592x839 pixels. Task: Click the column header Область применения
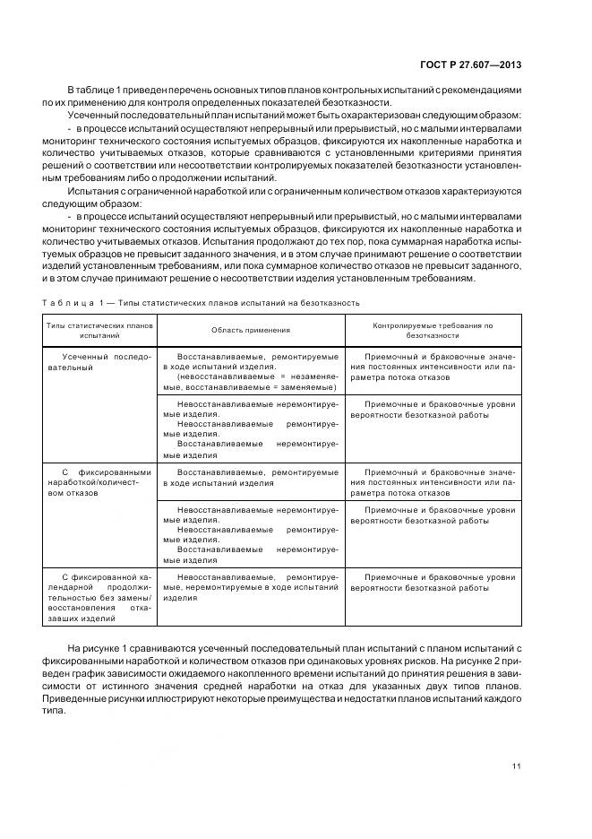point(250,330)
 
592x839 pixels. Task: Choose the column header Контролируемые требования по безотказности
point(433,330)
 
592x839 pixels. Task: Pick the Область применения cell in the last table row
point(250,587)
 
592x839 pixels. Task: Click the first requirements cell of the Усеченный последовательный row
point(433,367)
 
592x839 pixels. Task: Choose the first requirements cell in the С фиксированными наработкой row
point(433,482)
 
